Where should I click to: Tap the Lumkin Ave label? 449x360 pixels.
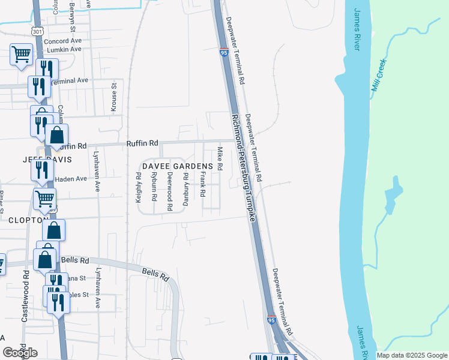click(x=64, y=50)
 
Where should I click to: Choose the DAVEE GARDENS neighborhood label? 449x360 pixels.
click(x=177, y=166)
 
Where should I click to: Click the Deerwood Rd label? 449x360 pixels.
click(x=170, y=191)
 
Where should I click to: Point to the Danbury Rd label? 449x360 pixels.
click(x=186, y=189)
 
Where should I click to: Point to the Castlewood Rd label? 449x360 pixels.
click(x=25, y=295)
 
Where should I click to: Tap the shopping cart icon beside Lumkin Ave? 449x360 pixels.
click(x=21, y=55)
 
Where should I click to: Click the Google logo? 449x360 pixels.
click(x=20, y=353)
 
